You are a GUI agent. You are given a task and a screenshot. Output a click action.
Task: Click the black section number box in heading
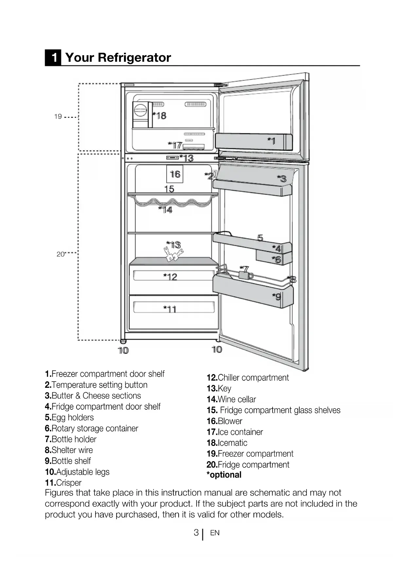pyautogui.click(x=53, y=57)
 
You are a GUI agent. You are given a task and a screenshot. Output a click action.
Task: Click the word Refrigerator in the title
pyautogui.click(x=134, y=57)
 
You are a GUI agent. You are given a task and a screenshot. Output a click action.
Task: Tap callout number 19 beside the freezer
pyautogui.click(x=58, y=117)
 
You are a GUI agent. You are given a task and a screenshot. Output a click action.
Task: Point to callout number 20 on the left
pyautogui.click(x=61, y=254)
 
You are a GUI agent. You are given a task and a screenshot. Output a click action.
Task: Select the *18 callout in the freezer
pyautogui.click(x=160, y=116)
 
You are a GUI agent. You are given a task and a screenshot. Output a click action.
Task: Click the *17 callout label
pyautogui.click(x=175, y=145)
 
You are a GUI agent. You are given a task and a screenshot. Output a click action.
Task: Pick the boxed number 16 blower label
pyautogui.click(x=175, y=174)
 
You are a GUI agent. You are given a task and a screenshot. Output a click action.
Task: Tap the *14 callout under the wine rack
pyautogui.click(x=166, y=210)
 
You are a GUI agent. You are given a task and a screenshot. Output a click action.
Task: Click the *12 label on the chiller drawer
pyautogui.click(x=170, y=277)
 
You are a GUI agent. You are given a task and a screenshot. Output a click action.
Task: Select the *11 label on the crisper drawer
pyautogui.click(x=170, y=309)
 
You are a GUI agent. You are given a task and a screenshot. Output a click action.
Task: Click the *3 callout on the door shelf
pyautogui.click(x=282, y=179)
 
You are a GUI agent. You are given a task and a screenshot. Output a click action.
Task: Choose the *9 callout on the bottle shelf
pyautogui.click(x=277, y=297)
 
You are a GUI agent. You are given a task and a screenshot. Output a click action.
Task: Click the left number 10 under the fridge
pyautogui.click(x=123, y=351)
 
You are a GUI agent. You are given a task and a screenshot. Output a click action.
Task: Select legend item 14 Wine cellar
pyautogui.click(x=231, y=400)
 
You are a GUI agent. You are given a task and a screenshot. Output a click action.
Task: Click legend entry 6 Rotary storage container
pyautogui.click(x=92, y=428)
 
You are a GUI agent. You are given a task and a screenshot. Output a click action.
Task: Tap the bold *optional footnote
pyautogui.click(x=224, y=475)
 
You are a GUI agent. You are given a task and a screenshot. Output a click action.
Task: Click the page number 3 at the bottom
pyautogui.click(x=196, y=533)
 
